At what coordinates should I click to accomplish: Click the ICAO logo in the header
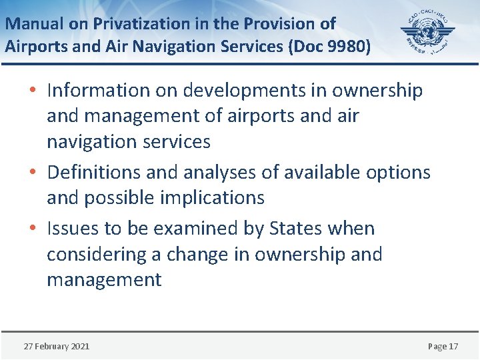427,33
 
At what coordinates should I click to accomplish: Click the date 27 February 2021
57,346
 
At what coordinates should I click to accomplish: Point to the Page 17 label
443,346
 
